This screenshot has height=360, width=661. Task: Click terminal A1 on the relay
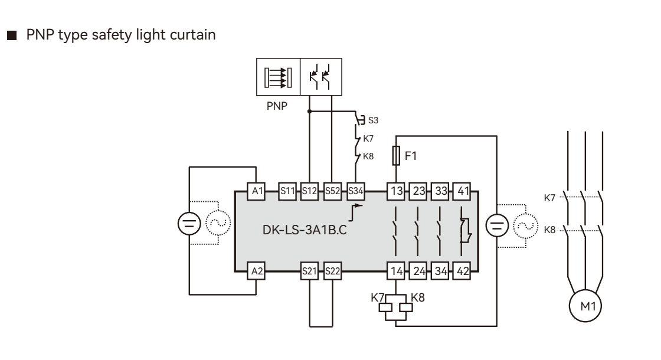pyautogui.click(x=256, y=191)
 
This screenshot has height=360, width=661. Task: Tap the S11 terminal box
pyautogui.click(x=287, y=191)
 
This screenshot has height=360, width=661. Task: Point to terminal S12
pyautogui.click(x=309, y=191)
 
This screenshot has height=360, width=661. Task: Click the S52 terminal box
pyautogui.click(x=332, y=191)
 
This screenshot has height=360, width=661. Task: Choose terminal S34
pyautogui.click(x=355, y=191)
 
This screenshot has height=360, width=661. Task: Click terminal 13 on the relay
pyautogui.click(x=395, y=191)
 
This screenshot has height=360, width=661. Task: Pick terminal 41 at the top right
pyautogui.click(x=463, y=191)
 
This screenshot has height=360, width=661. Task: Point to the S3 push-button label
pyautogui.click(x=373, y=120)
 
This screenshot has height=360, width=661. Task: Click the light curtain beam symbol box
pyautogui.click(x=278, y=77)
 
